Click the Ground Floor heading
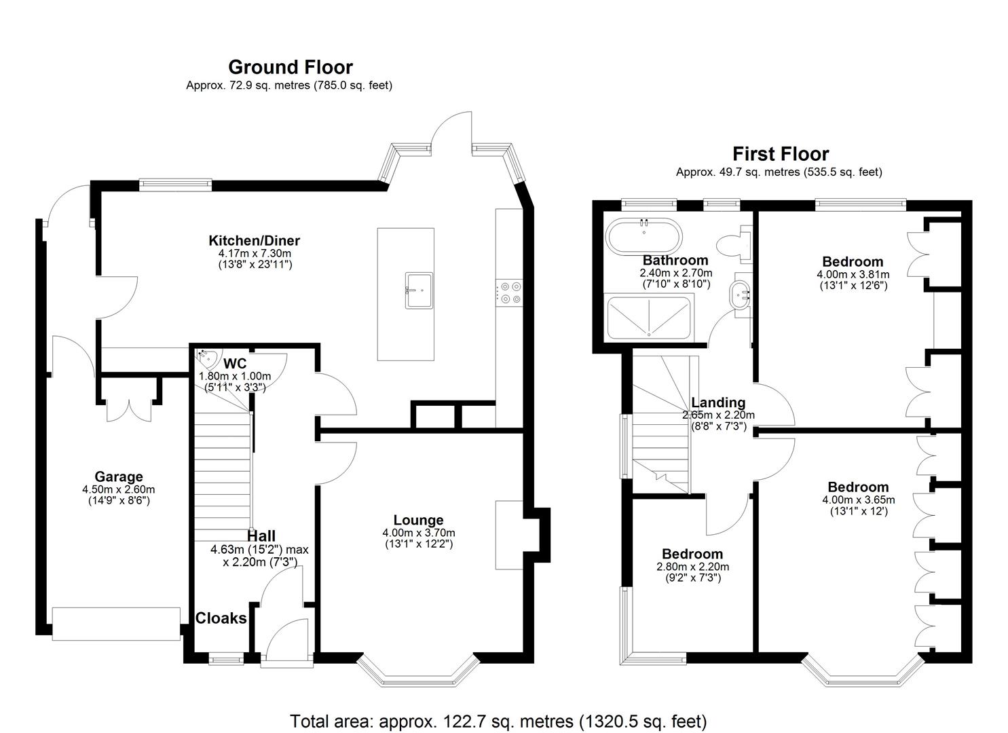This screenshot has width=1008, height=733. pyautogui.click(x=290, y=67)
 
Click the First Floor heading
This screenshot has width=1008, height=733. pyautogui.click(x=780, y=154)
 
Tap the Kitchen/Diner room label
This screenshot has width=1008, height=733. pyautogui.click(x=254, y=240)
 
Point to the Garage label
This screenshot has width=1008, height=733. pyautogui.click(x=118, y=476)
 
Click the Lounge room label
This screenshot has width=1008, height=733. pyautogui.click(x=418, y=521)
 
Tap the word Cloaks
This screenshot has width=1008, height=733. pyautogui.click(x=221, y=618)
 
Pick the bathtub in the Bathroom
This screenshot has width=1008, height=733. pyautogui.click(x=643, y=236)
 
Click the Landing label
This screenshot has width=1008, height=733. pyautogui.click(x=718, y=402)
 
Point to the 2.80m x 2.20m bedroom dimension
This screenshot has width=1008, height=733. pyautogui.click(x=692, y=567)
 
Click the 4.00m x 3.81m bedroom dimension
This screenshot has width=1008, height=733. pyautogui.click(x=853, y=274)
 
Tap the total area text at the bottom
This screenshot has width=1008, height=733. pyautogui.click(x=498, y=720)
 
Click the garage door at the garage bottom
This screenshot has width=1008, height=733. pyautogui.click(x=116, y=624)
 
